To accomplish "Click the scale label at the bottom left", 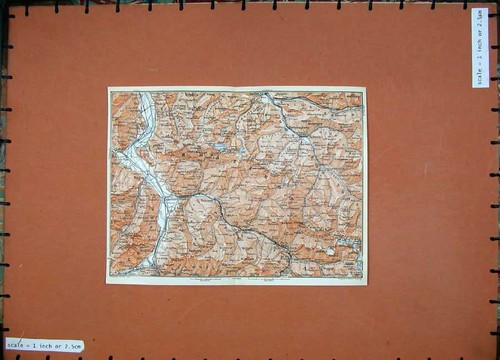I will tap(43, 346).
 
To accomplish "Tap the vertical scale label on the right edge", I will tap(481, 48).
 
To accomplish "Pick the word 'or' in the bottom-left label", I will tap(58, 346).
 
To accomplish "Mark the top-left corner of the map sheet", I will tap(108, 88).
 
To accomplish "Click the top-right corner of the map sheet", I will tap(365, 90).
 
